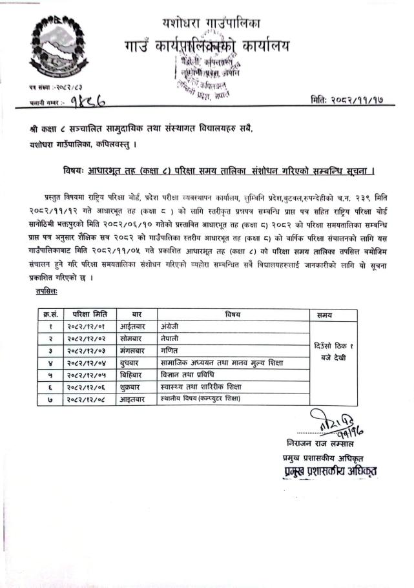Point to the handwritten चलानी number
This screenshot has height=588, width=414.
pos(87,101)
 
